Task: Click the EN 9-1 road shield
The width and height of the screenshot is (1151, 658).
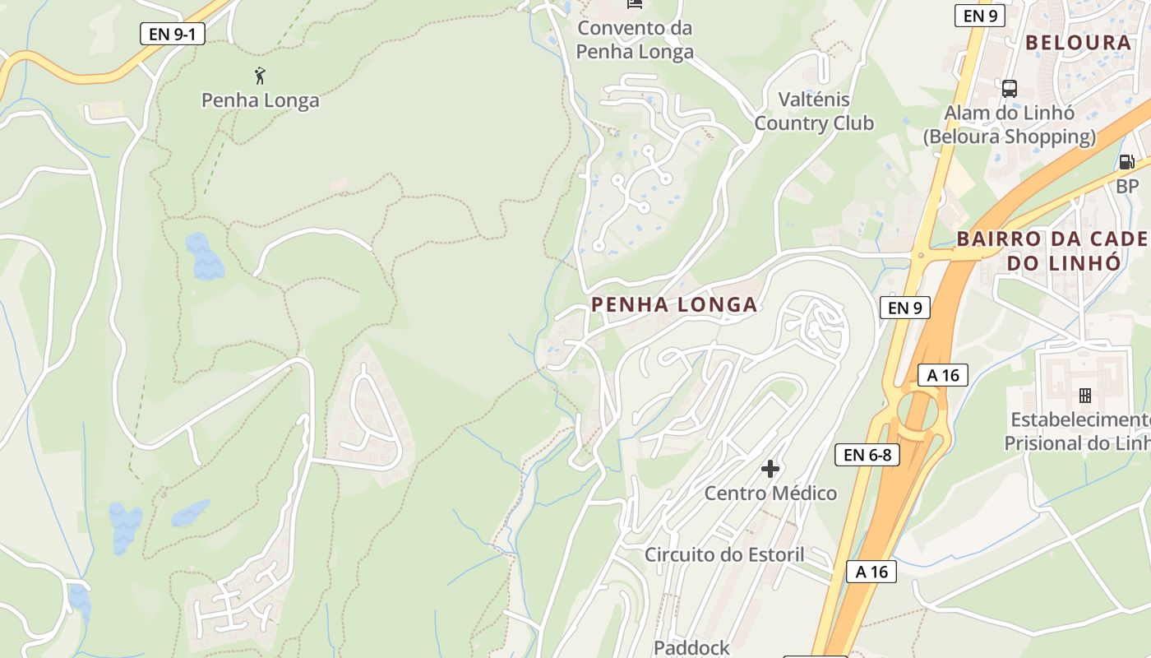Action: [x=172, y=34]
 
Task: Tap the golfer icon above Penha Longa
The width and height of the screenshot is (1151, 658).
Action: [x=261, y=76]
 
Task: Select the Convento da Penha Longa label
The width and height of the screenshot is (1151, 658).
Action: [x=635, y=39]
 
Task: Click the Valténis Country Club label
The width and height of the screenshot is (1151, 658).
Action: [x=813, y=112]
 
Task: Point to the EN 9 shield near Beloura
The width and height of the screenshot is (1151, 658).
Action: [x=980, y=15]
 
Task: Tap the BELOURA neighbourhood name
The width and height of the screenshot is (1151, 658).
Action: [x=1079, y=43]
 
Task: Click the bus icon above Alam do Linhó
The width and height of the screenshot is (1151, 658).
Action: [x=1010, y=88]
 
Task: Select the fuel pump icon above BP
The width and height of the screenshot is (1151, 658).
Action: [x=1126, y=162]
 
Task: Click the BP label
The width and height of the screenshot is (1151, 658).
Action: [x=1127, y=187]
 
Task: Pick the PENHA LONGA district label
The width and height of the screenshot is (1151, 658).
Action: [x=674, y=305]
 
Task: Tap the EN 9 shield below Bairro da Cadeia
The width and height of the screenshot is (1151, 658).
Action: [x=904, y=308]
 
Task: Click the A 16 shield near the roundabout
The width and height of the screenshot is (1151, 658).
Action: [x=943, y=375]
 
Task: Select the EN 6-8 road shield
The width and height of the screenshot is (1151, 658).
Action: [x=867, y=455]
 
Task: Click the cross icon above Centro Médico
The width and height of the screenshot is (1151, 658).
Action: [x=770, y=469]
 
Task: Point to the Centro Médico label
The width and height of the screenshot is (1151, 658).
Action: [x=770, y=493]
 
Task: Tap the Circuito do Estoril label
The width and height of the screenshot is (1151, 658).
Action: [x=724, y=554]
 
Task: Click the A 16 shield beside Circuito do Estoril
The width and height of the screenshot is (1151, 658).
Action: [x=871, y=572]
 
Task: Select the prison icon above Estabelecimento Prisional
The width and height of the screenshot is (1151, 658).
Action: [x=1084, y=396]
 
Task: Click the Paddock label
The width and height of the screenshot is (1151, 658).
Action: [x=691, y=648]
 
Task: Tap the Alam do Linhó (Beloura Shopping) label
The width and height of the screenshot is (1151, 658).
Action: [x=1010, y=125]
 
